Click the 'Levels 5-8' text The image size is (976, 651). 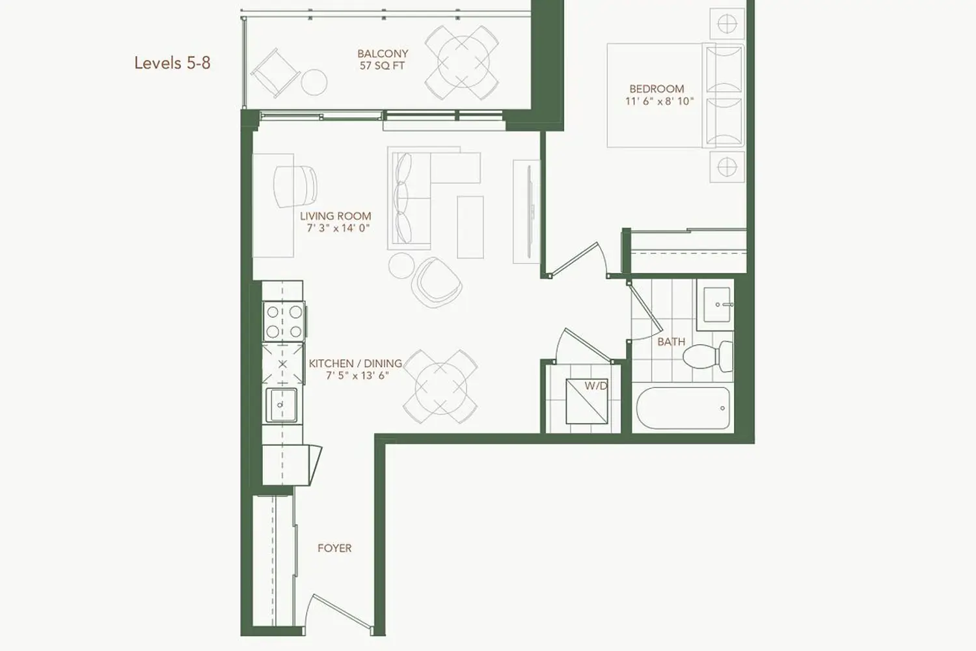click(172, 63)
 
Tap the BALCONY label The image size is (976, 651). click(383, 53)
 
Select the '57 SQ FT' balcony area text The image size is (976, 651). click(382, 66)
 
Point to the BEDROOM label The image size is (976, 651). click(657, 89)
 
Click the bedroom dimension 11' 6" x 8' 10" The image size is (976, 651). click(659, 102)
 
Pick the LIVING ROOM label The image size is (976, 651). click(336, 216)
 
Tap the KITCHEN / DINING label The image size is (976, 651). click(355, 363)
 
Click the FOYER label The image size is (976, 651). click(334, 548)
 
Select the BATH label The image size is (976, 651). click(671, 342)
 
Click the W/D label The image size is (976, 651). click(595, 385)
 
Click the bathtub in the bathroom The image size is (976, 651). click(683, 408)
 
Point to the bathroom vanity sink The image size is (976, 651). click(716, 305)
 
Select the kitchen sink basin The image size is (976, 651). click(282, 404)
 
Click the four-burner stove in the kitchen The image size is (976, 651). click(283, 322)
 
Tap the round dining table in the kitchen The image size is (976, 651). click(441, 387)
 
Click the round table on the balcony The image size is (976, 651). click(462, 62)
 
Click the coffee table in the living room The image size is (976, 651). click(470, 227)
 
